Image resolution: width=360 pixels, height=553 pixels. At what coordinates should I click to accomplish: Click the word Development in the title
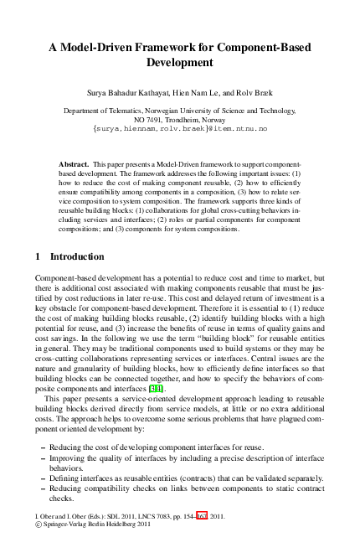pyautogui.click(x=180, y=62)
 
